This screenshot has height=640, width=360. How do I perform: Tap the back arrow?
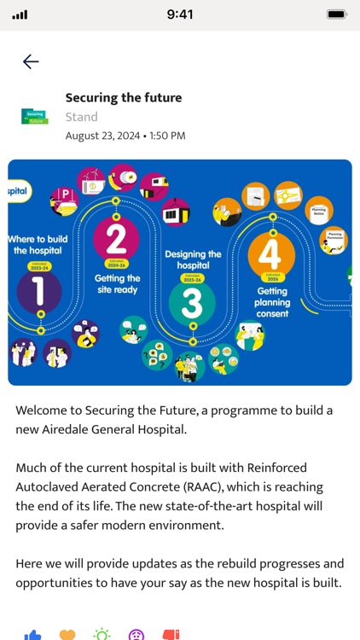click(x=31, y=61)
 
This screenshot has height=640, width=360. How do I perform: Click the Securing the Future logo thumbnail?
click(x=35, y=117)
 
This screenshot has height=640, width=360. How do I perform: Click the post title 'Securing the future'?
click(x=124, y=98)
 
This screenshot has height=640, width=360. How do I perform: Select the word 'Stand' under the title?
click(x=82, y=117)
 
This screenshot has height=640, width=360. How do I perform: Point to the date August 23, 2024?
click(x=102, y=136)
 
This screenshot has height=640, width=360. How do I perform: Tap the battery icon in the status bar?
click(x=337, y=15)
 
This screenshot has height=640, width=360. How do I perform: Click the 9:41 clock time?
click(x=180, y=15)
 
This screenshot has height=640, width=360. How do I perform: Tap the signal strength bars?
click(x=20, y=15)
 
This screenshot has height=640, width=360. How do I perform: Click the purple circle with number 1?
click(x=39, y=292)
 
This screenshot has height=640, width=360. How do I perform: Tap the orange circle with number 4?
click(x=271, y=254)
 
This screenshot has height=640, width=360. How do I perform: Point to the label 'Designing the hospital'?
click(x=192, y=259)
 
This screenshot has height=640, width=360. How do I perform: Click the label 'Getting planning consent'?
click(x=272, y=302)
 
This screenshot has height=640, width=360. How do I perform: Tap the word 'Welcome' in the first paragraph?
click(x=45, y=410)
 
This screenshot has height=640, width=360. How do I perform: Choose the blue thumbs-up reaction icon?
click(x=33, y=635)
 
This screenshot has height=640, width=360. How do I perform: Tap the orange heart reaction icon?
click(x=67, y=635)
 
